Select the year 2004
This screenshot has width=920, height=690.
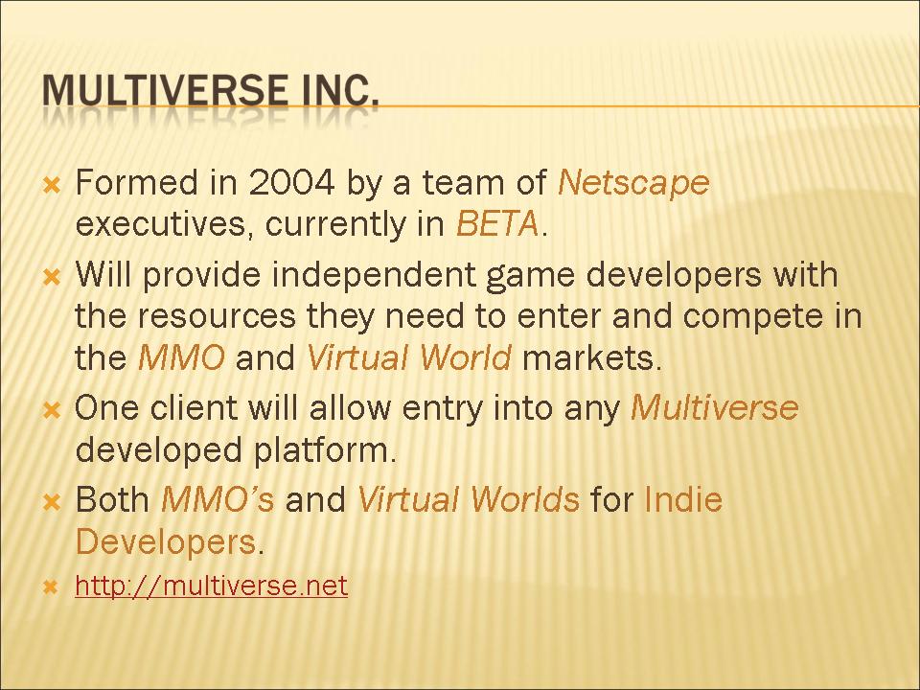pos(291,182)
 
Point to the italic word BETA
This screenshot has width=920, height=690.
pos(497,223)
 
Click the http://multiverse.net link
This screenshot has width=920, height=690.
pos(211,585)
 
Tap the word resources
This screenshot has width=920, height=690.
pos(218,317)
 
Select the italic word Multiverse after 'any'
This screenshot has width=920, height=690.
pos(715,407)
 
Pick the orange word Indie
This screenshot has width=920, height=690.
pos(683,499)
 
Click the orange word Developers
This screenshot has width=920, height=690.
pos(166,542)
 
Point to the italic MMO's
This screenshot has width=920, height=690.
pos(218,499)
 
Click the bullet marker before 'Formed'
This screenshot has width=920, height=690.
pos(52,186)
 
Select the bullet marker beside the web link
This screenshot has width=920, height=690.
pos(52,586)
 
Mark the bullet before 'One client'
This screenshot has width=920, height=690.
pos(52,410)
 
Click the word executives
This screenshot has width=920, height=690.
pos(166,224)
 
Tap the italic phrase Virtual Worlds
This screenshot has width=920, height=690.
pos(469,499)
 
